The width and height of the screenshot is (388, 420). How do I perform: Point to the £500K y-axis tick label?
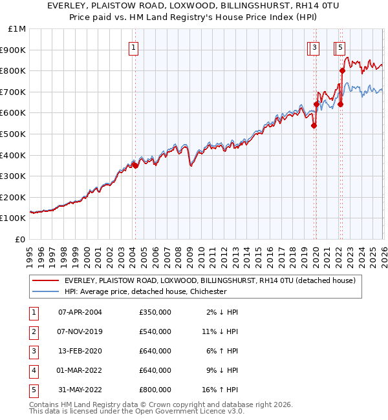tap(14, 134)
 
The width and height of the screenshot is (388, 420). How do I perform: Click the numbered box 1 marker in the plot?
tap(133, 47)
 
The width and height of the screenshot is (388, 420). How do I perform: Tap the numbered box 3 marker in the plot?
tap(314, 47)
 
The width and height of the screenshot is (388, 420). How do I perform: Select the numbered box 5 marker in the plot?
tap(341, 47)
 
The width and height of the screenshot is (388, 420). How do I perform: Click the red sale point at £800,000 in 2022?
tap(342, 71)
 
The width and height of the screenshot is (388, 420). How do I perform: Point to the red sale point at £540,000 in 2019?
tap(314, 125)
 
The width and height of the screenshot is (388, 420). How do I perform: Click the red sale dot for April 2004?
tap(135, 165)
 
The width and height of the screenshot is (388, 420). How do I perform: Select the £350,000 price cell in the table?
tap(155, 312)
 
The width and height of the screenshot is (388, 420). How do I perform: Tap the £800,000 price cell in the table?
tap(155, 390)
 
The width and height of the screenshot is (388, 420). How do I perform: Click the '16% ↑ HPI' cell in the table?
tap(220, 390)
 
